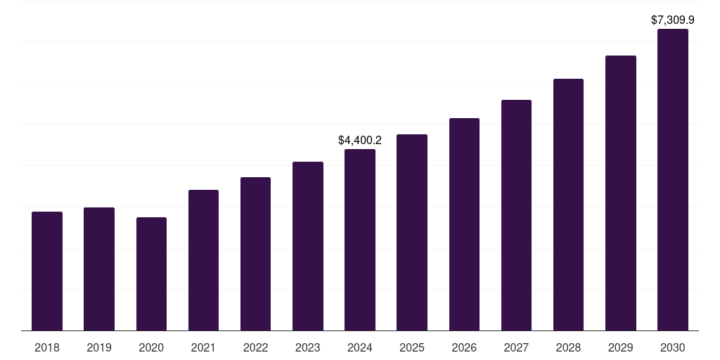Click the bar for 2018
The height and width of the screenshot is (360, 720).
click(x=47, y=271)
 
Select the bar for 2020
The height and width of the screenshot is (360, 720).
click(x=151, y=274)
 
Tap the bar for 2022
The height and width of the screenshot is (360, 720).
click(x=255, y=254)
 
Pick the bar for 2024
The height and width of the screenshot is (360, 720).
click(x=360, y=240)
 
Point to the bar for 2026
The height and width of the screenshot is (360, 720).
click(x=464, y=224)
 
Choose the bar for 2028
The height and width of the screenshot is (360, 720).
click(x=568, y=205)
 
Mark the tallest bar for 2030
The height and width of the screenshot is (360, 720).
click(x=673, y=179)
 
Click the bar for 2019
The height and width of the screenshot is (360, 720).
click(x=99, y=269)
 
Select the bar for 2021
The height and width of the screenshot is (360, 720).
click(x=203, y=260)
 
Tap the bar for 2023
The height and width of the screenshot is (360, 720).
click(x=308, y=246)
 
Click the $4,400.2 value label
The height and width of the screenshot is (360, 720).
click(x=360, y=141)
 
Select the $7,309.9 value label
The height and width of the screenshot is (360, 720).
click(x=673, y=20)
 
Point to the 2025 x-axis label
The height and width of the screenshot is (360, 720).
click(x=412, y=347)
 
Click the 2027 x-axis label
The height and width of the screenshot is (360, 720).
click(x=516, y=347)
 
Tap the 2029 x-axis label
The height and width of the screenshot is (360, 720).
click(x=621, y=347)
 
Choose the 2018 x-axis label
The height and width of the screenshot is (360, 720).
click(x=47, y=347)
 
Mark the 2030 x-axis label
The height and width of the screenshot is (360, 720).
click(x=673, y=347)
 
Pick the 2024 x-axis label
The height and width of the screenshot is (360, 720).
click(x=360, y=347)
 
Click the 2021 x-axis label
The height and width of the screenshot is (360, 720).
click(x=203, y=347)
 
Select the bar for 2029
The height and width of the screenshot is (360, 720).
click(x=621, y=193)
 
